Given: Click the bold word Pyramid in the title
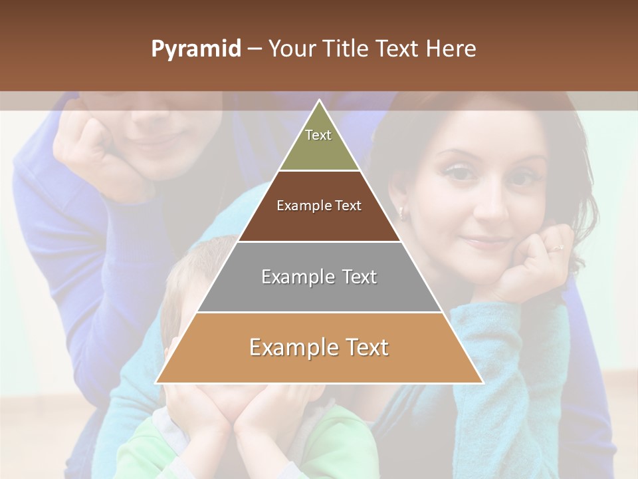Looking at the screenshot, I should point(195,49).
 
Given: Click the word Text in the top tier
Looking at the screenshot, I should point(318,135).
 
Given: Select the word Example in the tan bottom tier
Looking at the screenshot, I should point(289,347).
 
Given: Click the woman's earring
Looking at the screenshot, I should point(401,213).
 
